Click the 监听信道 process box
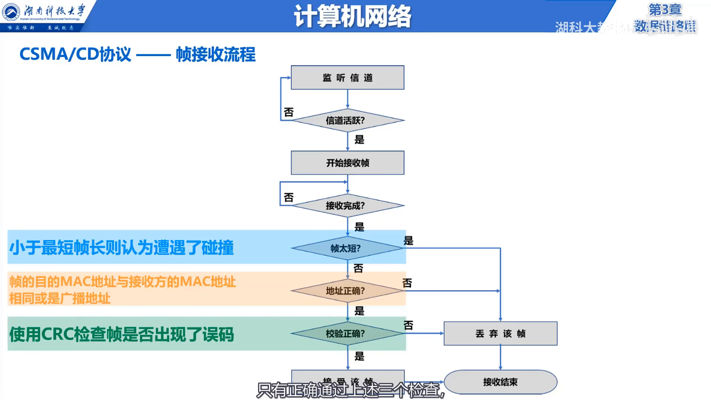coord(348,77)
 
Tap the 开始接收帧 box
coord(348,163)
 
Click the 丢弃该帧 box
coord(500,333)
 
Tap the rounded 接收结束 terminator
coord(500,382)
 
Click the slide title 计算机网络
coord(352,16)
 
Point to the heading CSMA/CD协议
coord(75,54)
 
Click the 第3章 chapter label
coord(665,9)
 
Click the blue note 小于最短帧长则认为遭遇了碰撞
coord(121,248)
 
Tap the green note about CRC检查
coord(121,334)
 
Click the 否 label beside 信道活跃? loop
coord(289,112)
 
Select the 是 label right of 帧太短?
coord(408,241)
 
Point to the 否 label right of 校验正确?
coord(408,325)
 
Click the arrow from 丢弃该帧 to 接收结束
coord(500,357)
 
